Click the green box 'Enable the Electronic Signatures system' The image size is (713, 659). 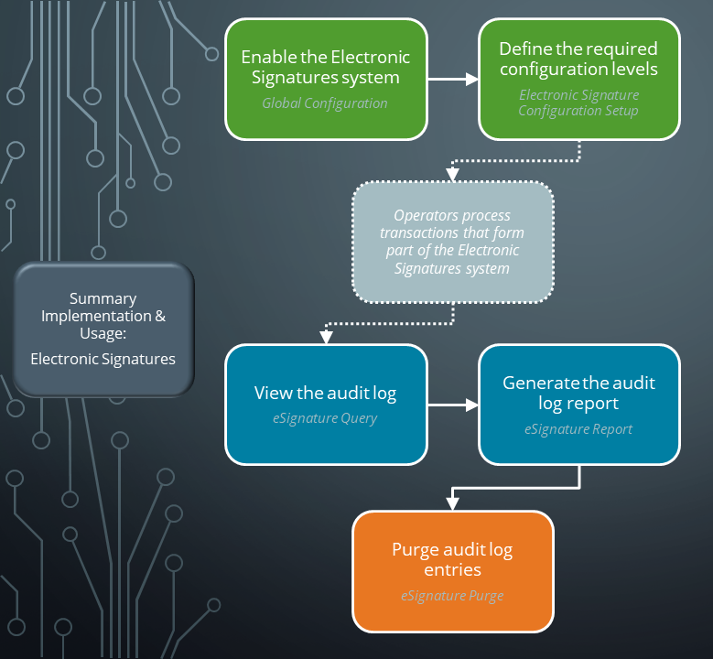tap(326, 79)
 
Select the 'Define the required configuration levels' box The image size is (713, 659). tap(578, 79)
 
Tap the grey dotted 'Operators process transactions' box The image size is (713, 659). tap(453, 243)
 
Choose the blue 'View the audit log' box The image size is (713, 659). tap(326, 404)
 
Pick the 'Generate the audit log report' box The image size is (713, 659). tap(578, 404)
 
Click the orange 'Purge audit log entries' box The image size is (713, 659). tap(453, 571)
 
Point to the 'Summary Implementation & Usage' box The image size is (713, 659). tap(103, 329)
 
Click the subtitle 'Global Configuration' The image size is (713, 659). tap(325, 103)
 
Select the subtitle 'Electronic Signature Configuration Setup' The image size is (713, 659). tap(578, 103)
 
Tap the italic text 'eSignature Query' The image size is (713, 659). tap(325, 419)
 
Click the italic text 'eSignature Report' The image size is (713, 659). tap(578, 428)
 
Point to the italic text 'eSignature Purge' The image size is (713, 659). tap(452, 596)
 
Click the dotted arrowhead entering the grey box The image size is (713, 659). tap(453, 174)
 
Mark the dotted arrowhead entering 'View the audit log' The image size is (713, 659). tap(326, 336)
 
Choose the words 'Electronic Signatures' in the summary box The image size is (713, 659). tap(103, 359)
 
